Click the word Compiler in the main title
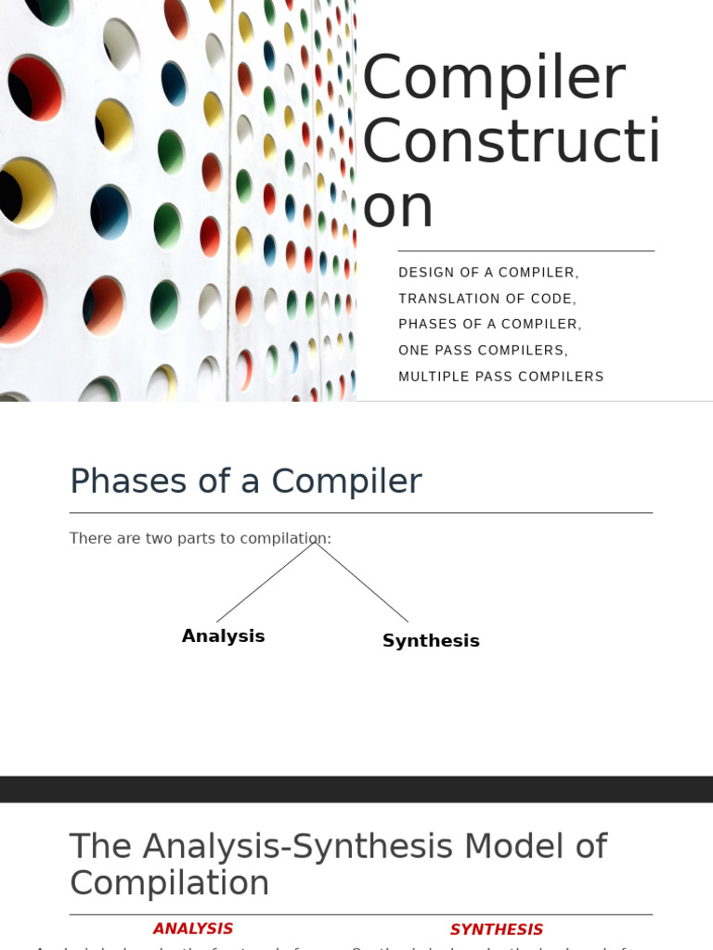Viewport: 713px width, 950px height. [493, 80]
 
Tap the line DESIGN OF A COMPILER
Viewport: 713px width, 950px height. [488, 273]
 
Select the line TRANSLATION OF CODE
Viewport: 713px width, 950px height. [487, 299]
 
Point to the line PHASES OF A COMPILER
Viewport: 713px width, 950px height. [489, 325]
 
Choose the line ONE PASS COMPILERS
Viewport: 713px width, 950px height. [483, 351]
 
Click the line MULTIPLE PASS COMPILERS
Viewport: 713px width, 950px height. [500, 377]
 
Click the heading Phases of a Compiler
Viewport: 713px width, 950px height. [245, 481]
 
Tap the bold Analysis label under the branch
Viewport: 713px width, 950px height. [223, 636]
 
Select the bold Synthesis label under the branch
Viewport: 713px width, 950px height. [431, 641]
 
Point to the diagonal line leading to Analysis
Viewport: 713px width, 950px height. [265, 583]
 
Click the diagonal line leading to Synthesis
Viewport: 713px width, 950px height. [362, 583]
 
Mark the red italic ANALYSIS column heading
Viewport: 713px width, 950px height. [193, 929]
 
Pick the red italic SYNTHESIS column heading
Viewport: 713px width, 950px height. [497, 930]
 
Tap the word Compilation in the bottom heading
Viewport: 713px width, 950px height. [169, 883]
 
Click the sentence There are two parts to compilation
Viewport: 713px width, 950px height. [200, 539]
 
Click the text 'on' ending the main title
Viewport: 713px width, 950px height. [397, 207]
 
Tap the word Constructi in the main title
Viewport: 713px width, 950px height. [510, 143]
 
